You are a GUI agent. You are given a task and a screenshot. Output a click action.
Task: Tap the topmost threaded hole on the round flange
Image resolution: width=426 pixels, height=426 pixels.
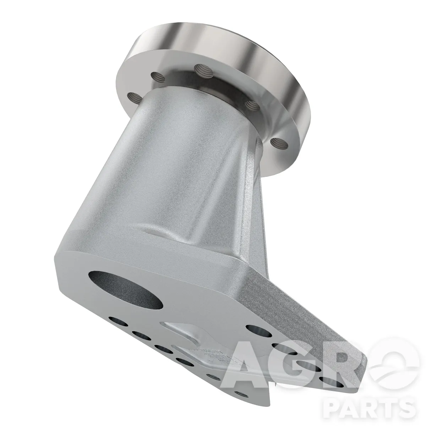tap(204, 71)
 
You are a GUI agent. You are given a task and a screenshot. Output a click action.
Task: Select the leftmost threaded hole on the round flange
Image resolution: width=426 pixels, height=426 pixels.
tap(135, 98)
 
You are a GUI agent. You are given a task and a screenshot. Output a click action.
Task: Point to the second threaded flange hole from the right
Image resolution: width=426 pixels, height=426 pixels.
tap(253, 105)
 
